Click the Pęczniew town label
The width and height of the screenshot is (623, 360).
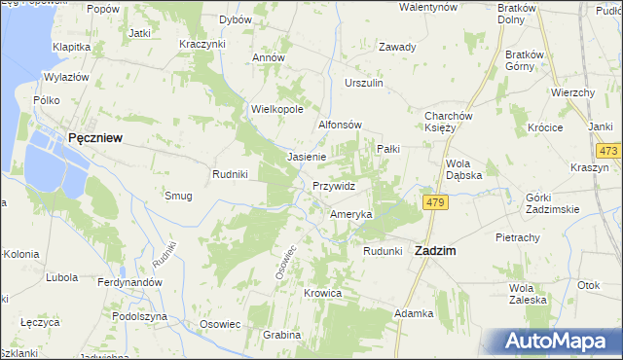click(x=94, y=138)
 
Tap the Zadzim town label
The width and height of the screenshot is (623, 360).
click(x=437, y=250)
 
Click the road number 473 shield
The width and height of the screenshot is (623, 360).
click(x=609, y=151)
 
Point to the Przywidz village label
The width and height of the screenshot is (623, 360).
click(x=334, y=185)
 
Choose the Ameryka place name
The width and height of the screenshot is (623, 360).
click(x=350, y=214)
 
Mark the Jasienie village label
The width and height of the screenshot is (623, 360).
click(x=307, y=156)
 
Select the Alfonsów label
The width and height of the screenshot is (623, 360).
click(x=341, y=126)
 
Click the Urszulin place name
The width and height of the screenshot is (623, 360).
click(x=364, y=84)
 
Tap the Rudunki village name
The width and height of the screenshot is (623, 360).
click(x=383, y=250)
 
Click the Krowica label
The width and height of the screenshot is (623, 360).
click(x=322, y=293)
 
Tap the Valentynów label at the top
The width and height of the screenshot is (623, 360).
click(x=428, y=7)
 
